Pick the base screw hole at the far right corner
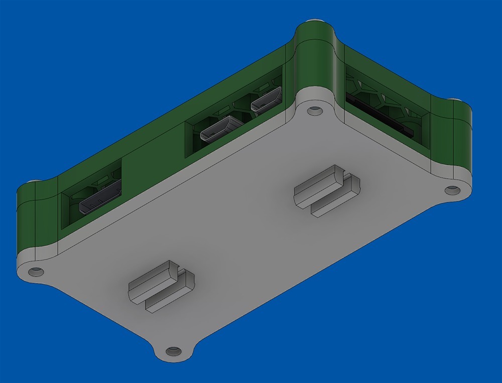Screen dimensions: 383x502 click(452, 190)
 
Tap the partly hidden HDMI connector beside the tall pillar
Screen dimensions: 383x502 click(266, 100)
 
